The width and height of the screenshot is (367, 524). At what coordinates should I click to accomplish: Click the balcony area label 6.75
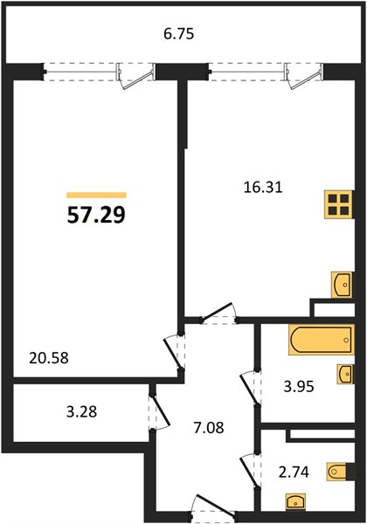pyautogui.click(x=179, y=34)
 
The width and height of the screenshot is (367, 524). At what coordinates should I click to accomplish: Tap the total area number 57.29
pyautogui.click(x=96, y=215)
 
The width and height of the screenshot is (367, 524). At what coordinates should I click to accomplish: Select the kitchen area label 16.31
pyautogui.click(x=263, y=188)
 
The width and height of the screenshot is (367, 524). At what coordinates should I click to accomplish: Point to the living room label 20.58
pyautogui.click(x=49, y=358)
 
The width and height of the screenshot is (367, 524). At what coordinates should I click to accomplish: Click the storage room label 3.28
pyautogui.click(x=81, y=411)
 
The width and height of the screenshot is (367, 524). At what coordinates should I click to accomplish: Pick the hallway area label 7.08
pyautogui.click(x=209, y=427)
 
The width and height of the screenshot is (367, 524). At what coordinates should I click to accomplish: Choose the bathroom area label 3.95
pyautogui.click(x=299, y=387)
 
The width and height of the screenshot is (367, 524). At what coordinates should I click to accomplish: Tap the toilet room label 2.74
pyautogui.click(x=294, y=472)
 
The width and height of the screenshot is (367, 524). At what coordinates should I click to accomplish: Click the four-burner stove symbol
pyautogui.click(x=338, y=204)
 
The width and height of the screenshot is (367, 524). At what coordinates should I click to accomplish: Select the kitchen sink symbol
pyautogui.click(x=343, y=285)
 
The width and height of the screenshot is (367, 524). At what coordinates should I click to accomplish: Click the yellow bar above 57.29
pyautogui.click(x=96, y=195)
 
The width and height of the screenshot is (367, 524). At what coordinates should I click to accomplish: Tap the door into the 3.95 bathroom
pyautogui.click(x=250, y=389)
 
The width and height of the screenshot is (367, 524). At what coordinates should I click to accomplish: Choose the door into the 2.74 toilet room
pyautogui.click(x=250, y=472)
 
